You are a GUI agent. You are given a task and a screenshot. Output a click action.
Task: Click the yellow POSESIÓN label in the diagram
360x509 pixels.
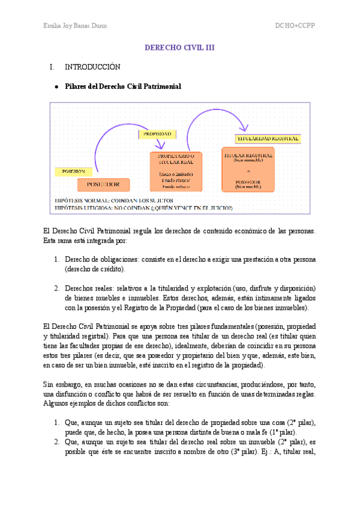click(x=74, y=171)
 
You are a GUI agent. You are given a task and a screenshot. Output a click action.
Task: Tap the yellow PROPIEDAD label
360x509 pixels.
click(x=157, y=133)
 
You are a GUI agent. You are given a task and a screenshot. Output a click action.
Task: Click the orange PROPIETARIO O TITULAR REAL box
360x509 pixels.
click(x=176, y=171)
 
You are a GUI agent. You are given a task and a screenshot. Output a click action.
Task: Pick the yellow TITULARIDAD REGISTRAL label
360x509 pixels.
click(x=268, y=138)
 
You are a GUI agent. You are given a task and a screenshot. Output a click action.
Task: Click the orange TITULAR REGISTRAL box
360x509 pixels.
click(x=248, y=170)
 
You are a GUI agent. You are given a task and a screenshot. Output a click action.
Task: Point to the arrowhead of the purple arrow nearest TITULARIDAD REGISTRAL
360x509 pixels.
click(x=243, y=127)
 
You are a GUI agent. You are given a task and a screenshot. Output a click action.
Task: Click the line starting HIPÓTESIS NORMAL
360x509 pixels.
click(x=113, y=200)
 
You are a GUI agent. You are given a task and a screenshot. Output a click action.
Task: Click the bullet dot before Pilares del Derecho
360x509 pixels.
click(x=56, y=87)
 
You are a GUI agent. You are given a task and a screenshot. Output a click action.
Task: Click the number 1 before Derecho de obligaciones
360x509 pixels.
click(x=55, y=259)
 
